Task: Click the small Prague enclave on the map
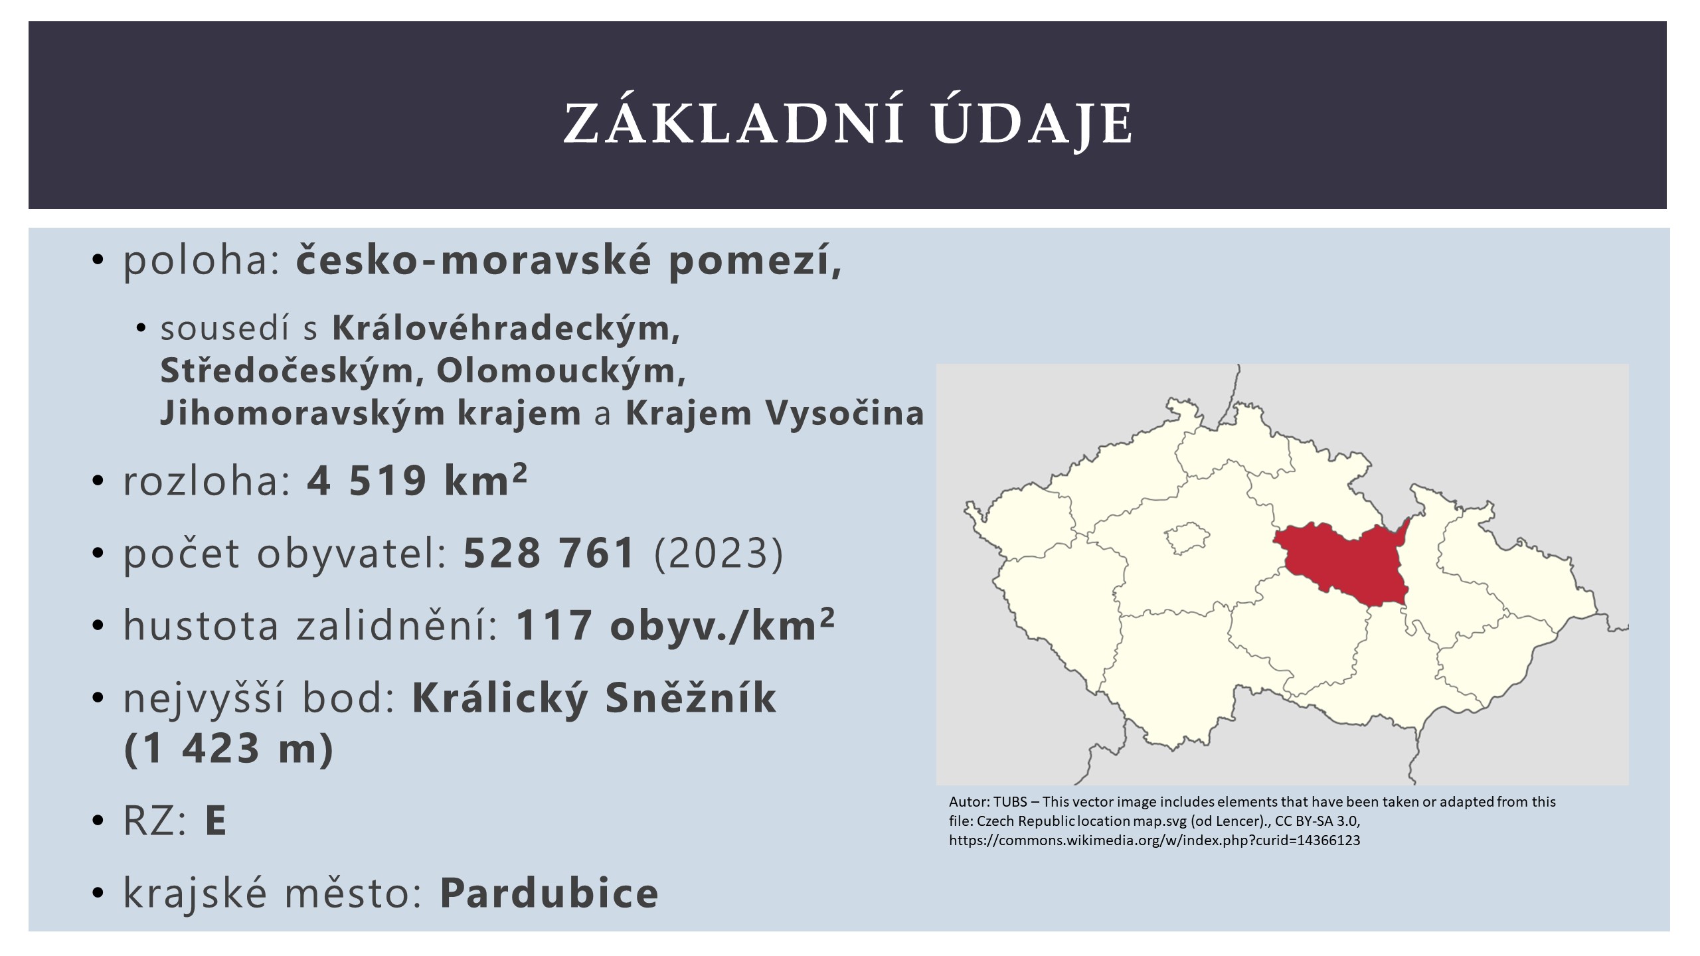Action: (x=1187, y=538)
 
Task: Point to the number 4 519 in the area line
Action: (x=366, y=481)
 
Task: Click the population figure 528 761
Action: (x=549, y=553)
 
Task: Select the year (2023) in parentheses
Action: (x=719, y=554)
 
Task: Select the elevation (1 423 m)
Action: (x=228, y=749)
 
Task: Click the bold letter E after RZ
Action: (x=216, y=821)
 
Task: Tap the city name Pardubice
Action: (x=549, y=893)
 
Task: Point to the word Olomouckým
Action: (x=560, y=371)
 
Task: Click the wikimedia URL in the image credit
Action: (x=1155, y=840)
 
